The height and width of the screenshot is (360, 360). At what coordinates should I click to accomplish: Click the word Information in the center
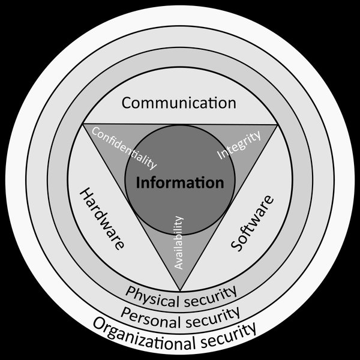(x=180, y=183)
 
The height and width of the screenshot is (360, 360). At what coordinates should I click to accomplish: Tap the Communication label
(x=179, y=103)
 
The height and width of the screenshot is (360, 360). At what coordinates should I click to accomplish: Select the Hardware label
(x=102, y=218)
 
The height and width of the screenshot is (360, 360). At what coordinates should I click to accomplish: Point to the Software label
(x=253, y=223)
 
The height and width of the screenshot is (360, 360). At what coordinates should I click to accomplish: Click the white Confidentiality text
(x=124, y=148)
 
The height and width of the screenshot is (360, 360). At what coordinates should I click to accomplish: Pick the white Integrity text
(x=239, y=145)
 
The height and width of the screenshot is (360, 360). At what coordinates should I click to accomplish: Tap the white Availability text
(x=179, y=242)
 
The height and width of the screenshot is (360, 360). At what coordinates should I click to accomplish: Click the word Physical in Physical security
(x=152, y=297)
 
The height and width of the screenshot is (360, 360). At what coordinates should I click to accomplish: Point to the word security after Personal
(x=213, y=317)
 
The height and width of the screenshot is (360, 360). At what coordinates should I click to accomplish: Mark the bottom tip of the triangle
(x=180, y=290)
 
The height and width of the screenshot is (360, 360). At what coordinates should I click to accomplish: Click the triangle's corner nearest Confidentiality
(x=83, y=124)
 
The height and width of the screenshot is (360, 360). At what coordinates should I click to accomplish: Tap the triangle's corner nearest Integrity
(x=277, y=125)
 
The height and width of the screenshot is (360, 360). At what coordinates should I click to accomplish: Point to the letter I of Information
(x=138, y=183)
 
